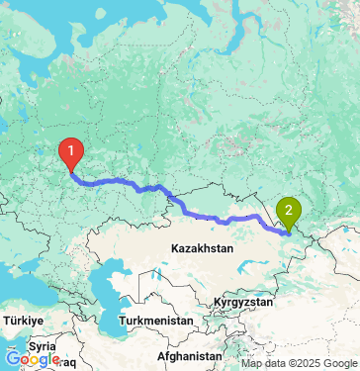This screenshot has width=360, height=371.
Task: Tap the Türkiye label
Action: (x=23, y=322)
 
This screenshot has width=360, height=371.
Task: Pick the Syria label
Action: (x=42, y=346)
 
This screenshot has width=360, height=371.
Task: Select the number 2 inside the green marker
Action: (x=288, y=208)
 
